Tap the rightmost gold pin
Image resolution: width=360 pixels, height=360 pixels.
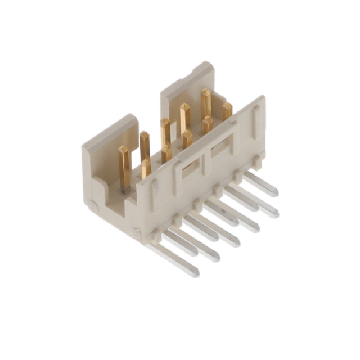coord(227,111)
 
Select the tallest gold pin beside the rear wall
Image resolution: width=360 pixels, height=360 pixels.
coord(206,101)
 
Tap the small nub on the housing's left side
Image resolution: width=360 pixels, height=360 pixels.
coord(93,206)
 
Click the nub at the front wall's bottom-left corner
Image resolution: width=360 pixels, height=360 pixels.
coord(137,231)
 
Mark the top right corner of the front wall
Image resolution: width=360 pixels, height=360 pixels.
coord(262,98)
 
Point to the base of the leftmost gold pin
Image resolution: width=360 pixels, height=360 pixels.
coord(125,183)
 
